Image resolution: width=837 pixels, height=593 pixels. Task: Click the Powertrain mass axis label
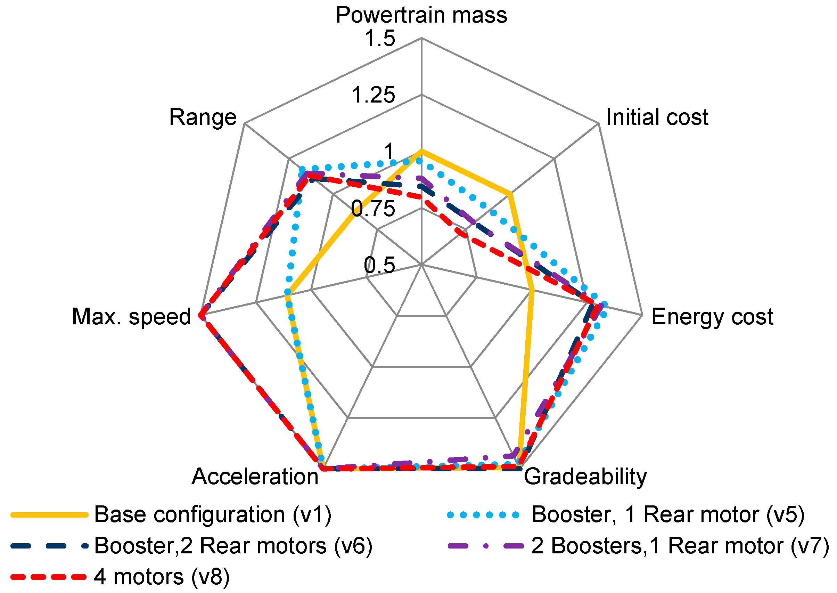421,15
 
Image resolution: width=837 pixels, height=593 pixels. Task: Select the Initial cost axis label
657,117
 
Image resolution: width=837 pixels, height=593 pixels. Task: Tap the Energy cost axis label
712,317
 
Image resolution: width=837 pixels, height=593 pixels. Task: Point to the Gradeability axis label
585,477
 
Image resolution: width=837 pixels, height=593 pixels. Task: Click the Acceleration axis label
255,477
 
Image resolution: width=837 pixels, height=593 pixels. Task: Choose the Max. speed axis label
131,317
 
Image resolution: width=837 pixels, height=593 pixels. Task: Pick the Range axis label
203,117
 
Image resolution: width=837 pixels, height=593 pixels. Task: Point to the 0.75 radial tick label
373,209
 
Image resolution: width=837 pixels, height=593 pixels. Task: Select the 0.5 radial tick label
380,265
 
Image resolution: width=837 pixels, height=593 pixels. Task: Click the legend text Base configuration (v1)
213,515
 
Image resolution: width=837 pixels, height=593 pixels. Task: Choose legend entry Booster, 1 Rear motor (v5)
668,515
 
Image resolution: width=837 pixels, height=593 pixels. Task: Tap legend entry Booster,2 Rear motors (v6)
233,546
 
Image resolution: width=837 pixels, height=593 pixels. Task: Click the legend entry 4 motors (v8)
162,577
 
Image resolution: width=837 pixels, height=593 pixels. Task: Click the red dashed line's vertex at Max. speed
200,315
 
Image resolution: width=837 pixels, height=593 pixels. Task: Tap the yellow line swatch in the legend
49,515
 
